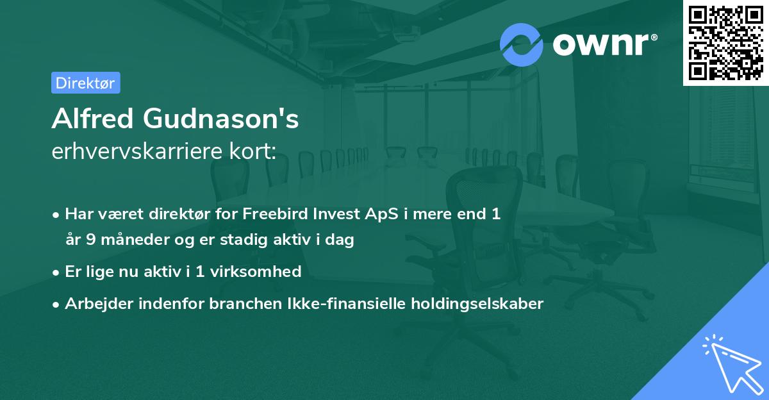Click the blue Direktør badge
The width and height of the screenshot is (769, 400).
click(86, 83)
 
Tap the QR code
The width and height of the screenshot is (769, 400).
click(725, 43)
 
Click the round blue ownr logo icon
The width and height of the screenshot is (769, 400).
click(522, 45)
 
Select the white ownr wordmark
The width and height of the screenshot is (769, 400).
click(600, 45)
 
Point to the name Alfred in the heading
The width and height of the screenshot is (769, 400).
click(92, 119)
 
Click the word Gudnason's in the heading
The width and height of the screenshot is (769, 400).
click(220, 119)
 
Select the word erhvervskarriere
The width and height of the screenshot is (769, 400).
click(137, 151)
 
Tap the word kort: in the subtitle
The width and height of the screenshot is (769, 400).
click(253, 151)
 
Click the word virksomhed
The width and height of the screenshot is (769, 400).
click(256, 271)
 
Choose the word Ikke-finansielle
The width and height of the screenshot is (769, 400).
click(347, 303)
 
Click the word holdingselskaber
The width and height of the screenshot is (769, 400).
click(477, 304)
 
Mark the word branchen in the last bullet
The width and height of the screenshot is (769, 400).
click(245, 303)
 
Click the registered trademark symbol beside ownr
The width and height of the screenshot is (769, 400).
click(654, 37)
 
